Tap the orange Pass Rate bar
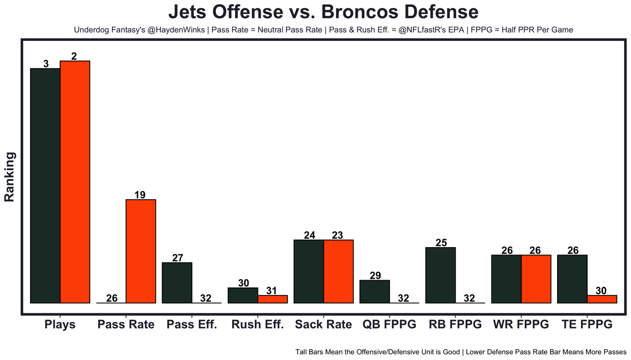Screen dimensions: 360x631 click(x=141, y=251)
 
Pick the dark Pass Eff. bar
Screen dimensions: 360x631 click(x=177, y=283)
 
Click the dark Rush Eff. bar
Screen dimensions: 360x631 click(x=243, y=295)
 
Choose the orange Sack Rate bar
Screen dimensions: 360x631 click(x=339, y=271)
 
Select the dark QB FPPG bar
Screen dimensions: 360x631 click(x=375, y=291)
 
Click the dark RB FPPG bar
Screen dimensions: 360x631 click(x=440, y=275)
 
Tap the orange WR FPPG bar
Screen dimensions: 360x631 click(x=536, y=279)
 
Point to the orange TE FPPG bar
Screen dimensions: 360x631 click(x=602, y=299)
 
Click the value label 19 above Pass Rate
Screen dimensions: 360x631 click(x=140, y=195)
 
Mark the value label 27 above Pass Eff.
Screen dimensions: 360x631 click(x=177, y=258)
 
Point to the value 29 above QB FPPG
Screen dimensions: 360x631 click(x=375, y=276)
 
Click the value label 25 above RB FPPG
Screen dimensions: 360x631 click(x=441, y=243)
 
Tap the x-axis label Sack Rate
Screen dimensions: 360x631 click(x=323, y=324)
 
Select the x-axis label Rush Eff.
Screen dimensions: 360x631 click(x=257, y=324)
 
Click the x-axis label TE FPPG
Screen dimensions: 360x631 click(x=587, y=324)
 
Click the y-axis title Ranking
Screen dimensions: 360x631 click(x=10, y=177)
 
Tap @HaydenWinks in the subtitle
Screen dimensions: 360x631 click(x=176, y=30)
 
